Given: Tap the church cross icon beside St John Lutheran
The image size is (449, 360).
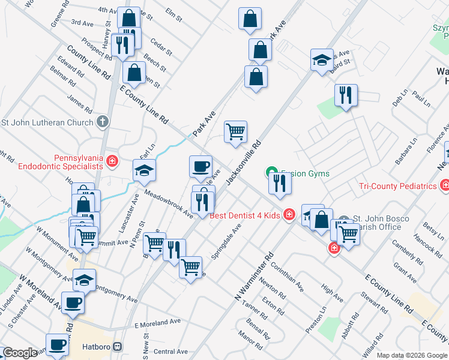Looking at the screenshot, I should click(103, 122).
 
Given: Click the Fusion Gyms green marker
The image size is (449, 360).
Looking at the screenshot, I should click(272, 173).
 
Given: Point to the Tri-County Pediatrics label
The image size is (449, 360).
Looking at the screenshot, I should click(397, 186).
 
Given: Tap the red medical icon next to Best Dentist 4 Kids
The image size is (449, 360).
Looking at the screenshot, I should click(289, 214).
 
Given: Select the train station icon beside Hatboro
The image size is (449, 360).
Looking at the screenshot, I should click(118, 347).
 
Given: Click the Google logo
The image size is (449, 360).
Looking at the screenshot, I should click(20, 353).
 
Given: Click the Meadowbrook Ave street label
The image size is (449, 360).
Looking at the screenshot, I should click(169, 204).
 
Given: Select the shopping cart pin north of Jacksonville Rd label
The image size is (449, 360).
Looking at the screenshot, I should click(236, 131).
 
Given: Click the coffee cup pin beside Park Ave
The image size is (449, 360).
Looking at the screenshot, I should click(200, 166).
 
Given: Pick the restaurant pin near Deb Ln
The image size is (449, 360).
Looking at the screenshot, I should click(345, 95).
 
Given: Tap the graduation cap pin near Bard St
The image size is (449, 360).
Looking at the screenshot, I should click(322, 59).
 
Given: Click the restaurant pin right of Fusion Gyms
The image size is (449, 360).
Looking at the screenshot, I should click(280, 182).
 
